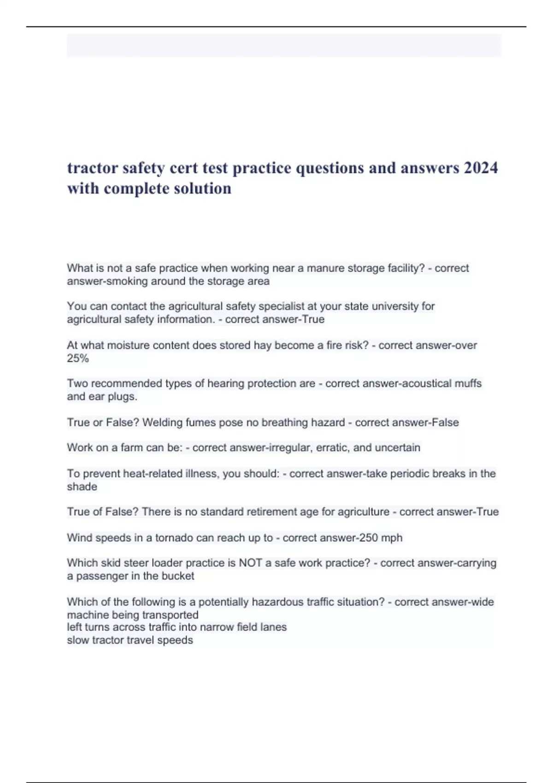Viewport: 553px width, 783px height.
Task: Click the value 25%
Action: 77,358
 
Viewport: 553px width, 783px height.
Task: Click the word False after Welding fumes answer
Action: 445,422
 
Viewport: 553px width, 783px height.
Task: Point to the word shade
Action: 82,487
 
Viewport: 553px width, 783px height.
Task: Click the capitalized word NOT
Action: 251,563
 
